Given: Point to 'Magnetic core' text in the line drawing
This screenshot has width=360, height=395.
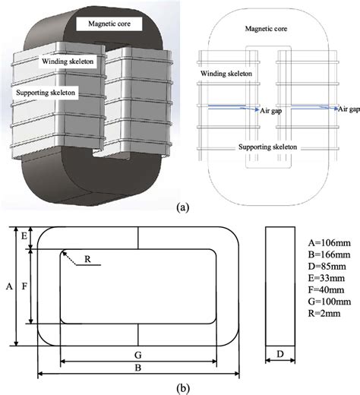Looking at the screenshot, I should [x=270, y=28].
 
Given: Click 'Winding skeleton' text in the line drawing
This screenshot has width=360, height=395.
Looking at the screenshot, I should [x=226, y=74].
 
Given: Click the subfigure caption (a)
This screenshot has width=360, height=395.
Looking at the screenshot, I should [x=182, y=206].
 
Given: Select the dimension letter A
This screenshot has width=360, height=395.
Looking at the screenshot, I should [x=8, y=287].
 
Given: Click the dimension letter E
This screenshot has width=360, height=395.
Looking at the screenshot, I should [x=24, y=238].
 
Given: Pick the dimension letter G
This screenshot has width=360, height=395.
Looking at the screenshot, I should [x=137, y=355].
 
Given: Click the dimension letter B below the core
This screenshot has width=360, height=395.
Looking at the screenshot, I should [x=137, y=367].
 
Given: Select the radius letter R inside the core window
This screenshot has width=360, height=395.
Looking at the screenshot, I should [x=88, y=259].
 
